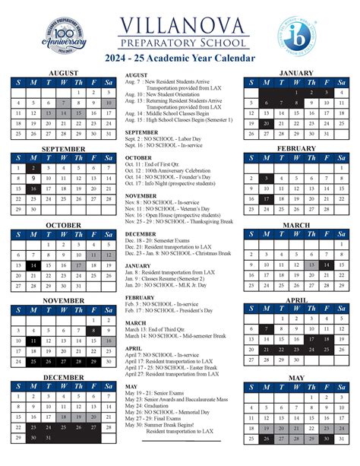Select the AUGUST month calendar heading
coord(63,74)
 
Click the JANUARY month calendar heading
coord(295,74)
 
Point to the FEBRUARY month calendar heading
coord(295,149)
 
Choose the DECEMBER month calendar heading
coord(63,378)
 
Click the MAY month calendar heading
coord(295,378)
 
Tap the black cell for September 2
coord(33,168)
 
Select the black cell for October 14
coord(33,265)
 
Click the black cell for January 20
coord(266,123)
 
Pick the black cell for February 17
coord(266,198)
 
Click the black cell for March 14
coord(326,265)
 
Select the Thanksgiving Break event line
coord(175,221)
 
